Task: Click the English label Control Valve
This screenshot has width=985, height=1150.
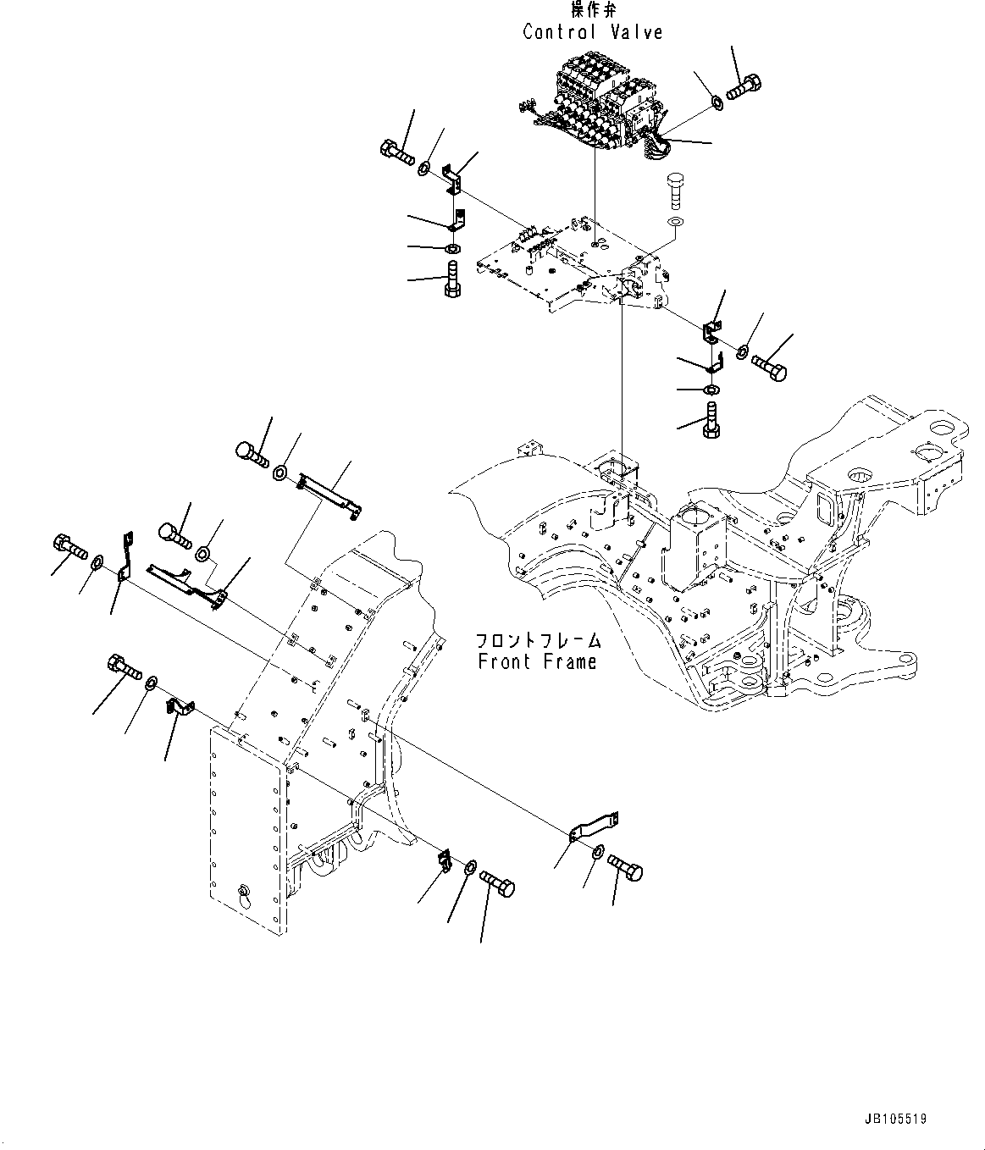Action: [x=592, y=32]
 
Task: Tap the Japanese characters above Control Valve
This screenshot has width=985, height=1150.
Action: [x=592, y=11]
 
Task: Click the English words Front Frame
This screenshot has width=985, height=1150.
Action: [x=537, y=661]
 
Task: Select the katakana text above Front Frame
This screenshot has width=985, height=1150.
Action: [x=537, y=641]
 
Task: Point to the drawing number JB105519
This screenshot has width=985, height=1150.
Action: [x=896, y=1119]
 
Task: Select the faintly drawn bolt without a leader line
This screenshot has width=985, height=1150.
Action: [x=674, y=191]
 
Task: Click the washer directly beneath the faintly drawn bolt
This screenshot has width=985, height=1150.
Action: [x=675, y=222]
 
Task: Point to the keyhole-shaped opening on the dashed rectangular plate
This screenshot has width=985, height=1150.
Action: [x=244, y=892]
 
